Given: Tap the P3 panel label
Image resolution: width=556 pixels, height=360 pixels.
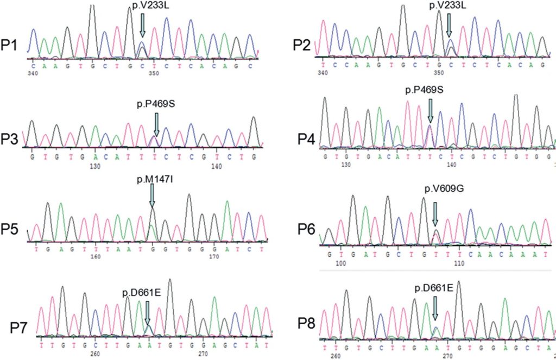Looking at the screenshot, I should tap(11, 140).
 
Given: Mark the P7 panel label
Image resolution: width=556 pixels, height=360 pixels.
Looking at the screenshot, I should tap(21, 327).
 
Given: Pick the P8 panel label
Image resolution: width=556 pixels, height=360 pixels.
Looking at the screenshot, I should tap(309, 325).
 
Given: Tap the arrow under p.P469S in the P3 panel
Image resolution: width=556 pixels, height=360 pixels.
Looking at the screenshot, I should tap(156, 124).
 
